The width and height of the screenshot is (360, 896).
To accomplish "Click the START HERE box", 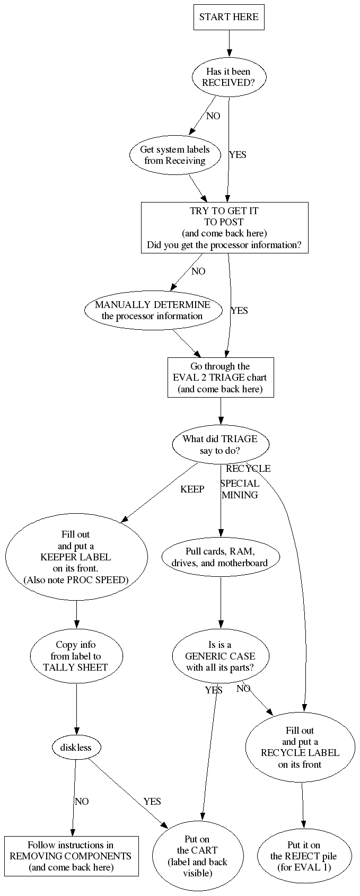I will tap(229, 17).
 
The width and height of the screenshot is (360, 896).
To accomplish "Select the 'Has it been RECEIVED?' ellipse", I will tap(228, 77).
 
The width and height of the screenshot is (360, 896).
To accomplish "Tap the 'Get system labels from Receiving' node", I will tap(174, 155).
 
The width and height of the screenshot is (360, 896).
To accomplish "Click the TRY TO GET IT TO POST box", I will tap(224, 228).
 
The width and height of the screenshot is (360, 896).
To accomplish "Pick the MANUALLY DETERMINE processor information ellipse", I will tap(153, 310).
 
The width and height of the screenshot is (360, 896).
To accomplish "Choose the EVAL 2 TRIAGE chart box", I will tap(220, 377).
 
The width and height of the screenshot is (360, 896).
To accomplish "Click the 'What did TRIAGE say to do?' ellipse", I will tap(220, 444).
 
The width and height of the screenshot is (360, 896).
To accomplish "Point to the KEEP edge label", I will tap(192, 489).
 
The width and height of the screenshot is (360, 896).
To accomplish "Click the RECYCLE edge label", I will tap(248, 469).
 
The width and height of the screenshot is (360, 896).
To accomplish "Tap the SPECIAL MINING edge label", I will tap(240, 489).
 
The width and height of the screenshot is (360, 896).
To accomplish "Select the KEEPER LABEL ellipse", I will tap(76, 557).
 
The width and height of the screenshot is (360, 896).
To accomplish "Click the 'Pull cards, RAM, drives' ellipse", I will tap(220, 557).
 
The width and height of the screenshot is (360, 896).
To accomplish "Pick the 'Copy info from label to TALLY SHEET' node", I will tap(76, 656).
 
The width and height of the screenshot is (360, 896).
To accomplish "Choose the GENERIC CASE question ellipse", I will tap(220, 656).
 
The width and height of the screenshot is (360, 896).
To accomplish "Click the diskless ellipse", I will tap(76, 748).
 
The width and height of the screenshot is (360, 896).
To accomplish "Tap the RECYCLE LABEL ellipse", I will tap(300, 747).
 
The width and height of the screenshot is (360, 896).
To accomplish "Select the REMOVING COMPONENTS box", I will tap(71, 856).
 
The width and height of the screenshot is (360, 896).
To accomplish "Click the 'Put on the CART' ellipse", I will tap(197, 856).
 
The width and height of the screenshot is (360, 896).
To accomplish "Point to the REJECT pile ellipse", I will tap(303, 856).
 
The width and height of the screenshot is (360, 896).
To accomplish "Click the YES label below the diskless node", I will tap(152, 801).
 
